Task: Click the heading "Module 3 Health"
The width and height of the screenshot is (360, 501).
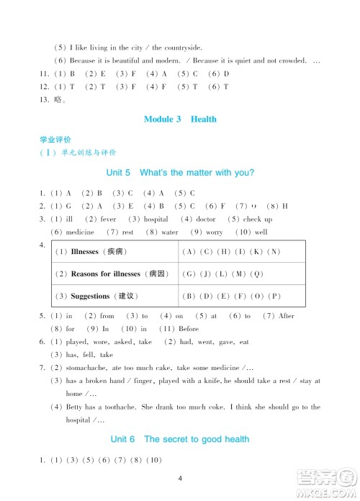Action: pyautogui.click(x=180, y=119)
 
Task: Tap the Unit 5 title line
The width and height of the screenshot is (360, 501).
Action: pyautogui.click(x=180, y=173)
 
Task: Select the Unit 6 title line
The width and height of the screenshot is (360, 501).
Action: pyautogui.click(x=180, y=439)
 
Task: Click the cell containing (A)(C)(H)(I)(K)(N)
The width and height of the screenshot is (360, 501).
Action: pyautogui.click(x=232, y=251)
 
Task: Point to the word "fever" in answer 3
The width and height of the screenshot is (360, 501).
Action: pyautogui.click(x=108, y=219)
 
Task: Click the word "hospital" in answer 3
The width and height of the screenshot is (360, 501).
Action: pyautogui.click(x=156, y=219)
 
